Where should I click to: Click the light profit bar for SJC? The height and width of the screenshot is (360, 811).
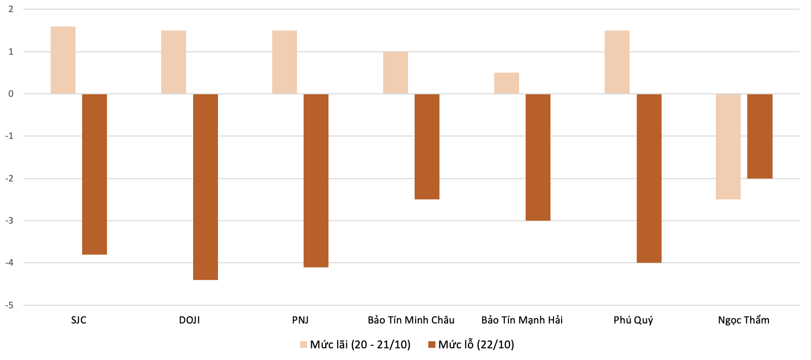tap(63, 60)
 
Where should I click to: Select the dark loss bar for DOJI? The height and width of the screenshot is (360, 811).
tap(205, 187)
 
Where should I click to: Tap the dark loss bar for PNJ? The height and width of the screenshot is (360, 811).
tap(316, 181)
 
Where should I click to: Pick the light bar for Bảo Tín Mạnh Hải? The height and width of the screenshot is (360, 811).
tap(506, 83)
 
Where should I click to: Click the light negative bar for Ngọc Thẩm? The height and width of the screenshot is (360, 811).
tap(728, 147)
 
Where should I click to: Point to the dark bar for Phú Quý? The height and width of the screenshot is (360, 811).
tap(649, 178)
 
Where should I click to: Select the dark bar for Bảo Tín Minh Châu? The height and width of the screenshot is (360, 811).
tap(427, 147)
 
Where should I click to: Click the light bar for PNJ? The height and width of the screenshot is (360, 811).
tap(284, 62)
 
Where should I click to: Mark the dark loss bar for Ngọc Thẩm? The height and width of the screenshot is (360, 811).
tap(760, 136)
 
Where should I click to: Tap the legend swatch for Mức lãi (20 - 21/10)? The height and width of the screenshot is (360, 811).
tap(304, 344)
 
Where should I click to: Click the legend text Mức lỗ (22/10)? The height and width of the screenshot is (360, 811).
tap(476, 344)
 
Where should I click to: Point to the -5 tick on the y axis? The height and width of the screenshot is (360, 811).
tap(10, 305)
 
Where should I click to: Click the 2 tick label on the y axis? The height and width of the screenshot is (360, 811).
tap(11, 10)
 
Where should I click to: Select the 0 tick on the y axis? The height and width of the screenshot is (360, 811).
tap(11, 94)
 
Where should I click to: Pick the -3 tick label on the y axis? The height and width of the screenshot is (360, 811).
tap(10, 221)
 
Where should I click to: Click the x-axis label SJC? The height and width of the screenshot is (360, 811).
tap(79, 320)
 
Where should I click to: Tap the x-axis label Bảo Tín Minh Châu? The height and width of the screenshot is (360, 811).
tap(411, 320)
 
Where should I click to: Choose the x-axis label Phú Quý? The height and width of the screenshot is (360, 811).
tap(633, 320)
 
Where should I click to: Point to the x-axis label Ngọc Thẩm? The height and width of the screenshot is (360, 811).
tap(744, 320)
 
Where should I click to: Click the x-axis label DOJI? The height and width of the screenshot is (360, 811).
tap(190, 320)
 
